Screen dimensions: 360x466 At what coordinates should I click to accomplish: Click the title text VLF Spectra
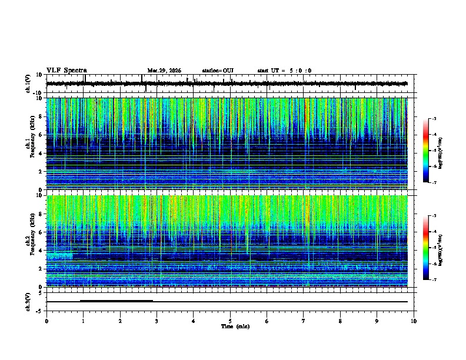[x=66, y=70]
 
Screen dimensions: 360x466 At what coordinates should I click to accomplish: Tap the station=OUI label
[x=218, y=71]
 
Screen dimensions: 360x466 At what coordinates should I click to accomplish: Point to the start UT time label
[x=284, y=71]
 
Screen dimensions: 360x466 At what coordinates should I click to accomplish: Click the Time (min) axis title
[x=235, y=326]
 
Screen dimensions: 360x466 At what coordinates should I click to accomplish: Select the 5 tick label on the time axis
[x=230, y=321]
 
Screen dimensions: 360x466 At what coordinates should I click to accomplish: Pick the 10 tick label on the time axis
[x=414, y=321]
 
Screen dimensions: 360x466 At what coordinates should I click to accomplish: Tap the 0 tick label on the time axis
[x=46, y=321]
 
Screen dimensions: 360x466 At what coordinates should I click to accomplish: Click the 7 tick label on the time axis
[x=304, y=321]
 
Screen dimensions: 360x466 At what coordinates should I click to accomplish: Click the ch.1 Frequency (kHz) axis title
[x=31, y=144]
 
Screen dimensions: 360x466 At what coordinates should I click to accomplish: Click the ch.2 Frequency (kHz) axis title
[x=31, y=241]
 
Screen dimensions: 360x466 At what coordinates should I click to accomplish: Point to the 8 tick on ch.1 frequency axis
[x=41, y=116]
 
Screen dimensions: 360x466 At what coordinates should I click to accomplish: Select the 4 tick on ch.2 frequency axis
[x=41, y=250]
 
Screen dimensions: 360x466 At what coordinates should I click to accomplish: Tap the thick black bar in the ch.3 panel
[x=116, y=301]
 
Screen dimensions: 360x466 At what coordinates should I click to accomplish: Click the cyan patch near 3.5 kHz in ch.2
[x=59, y=256]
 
